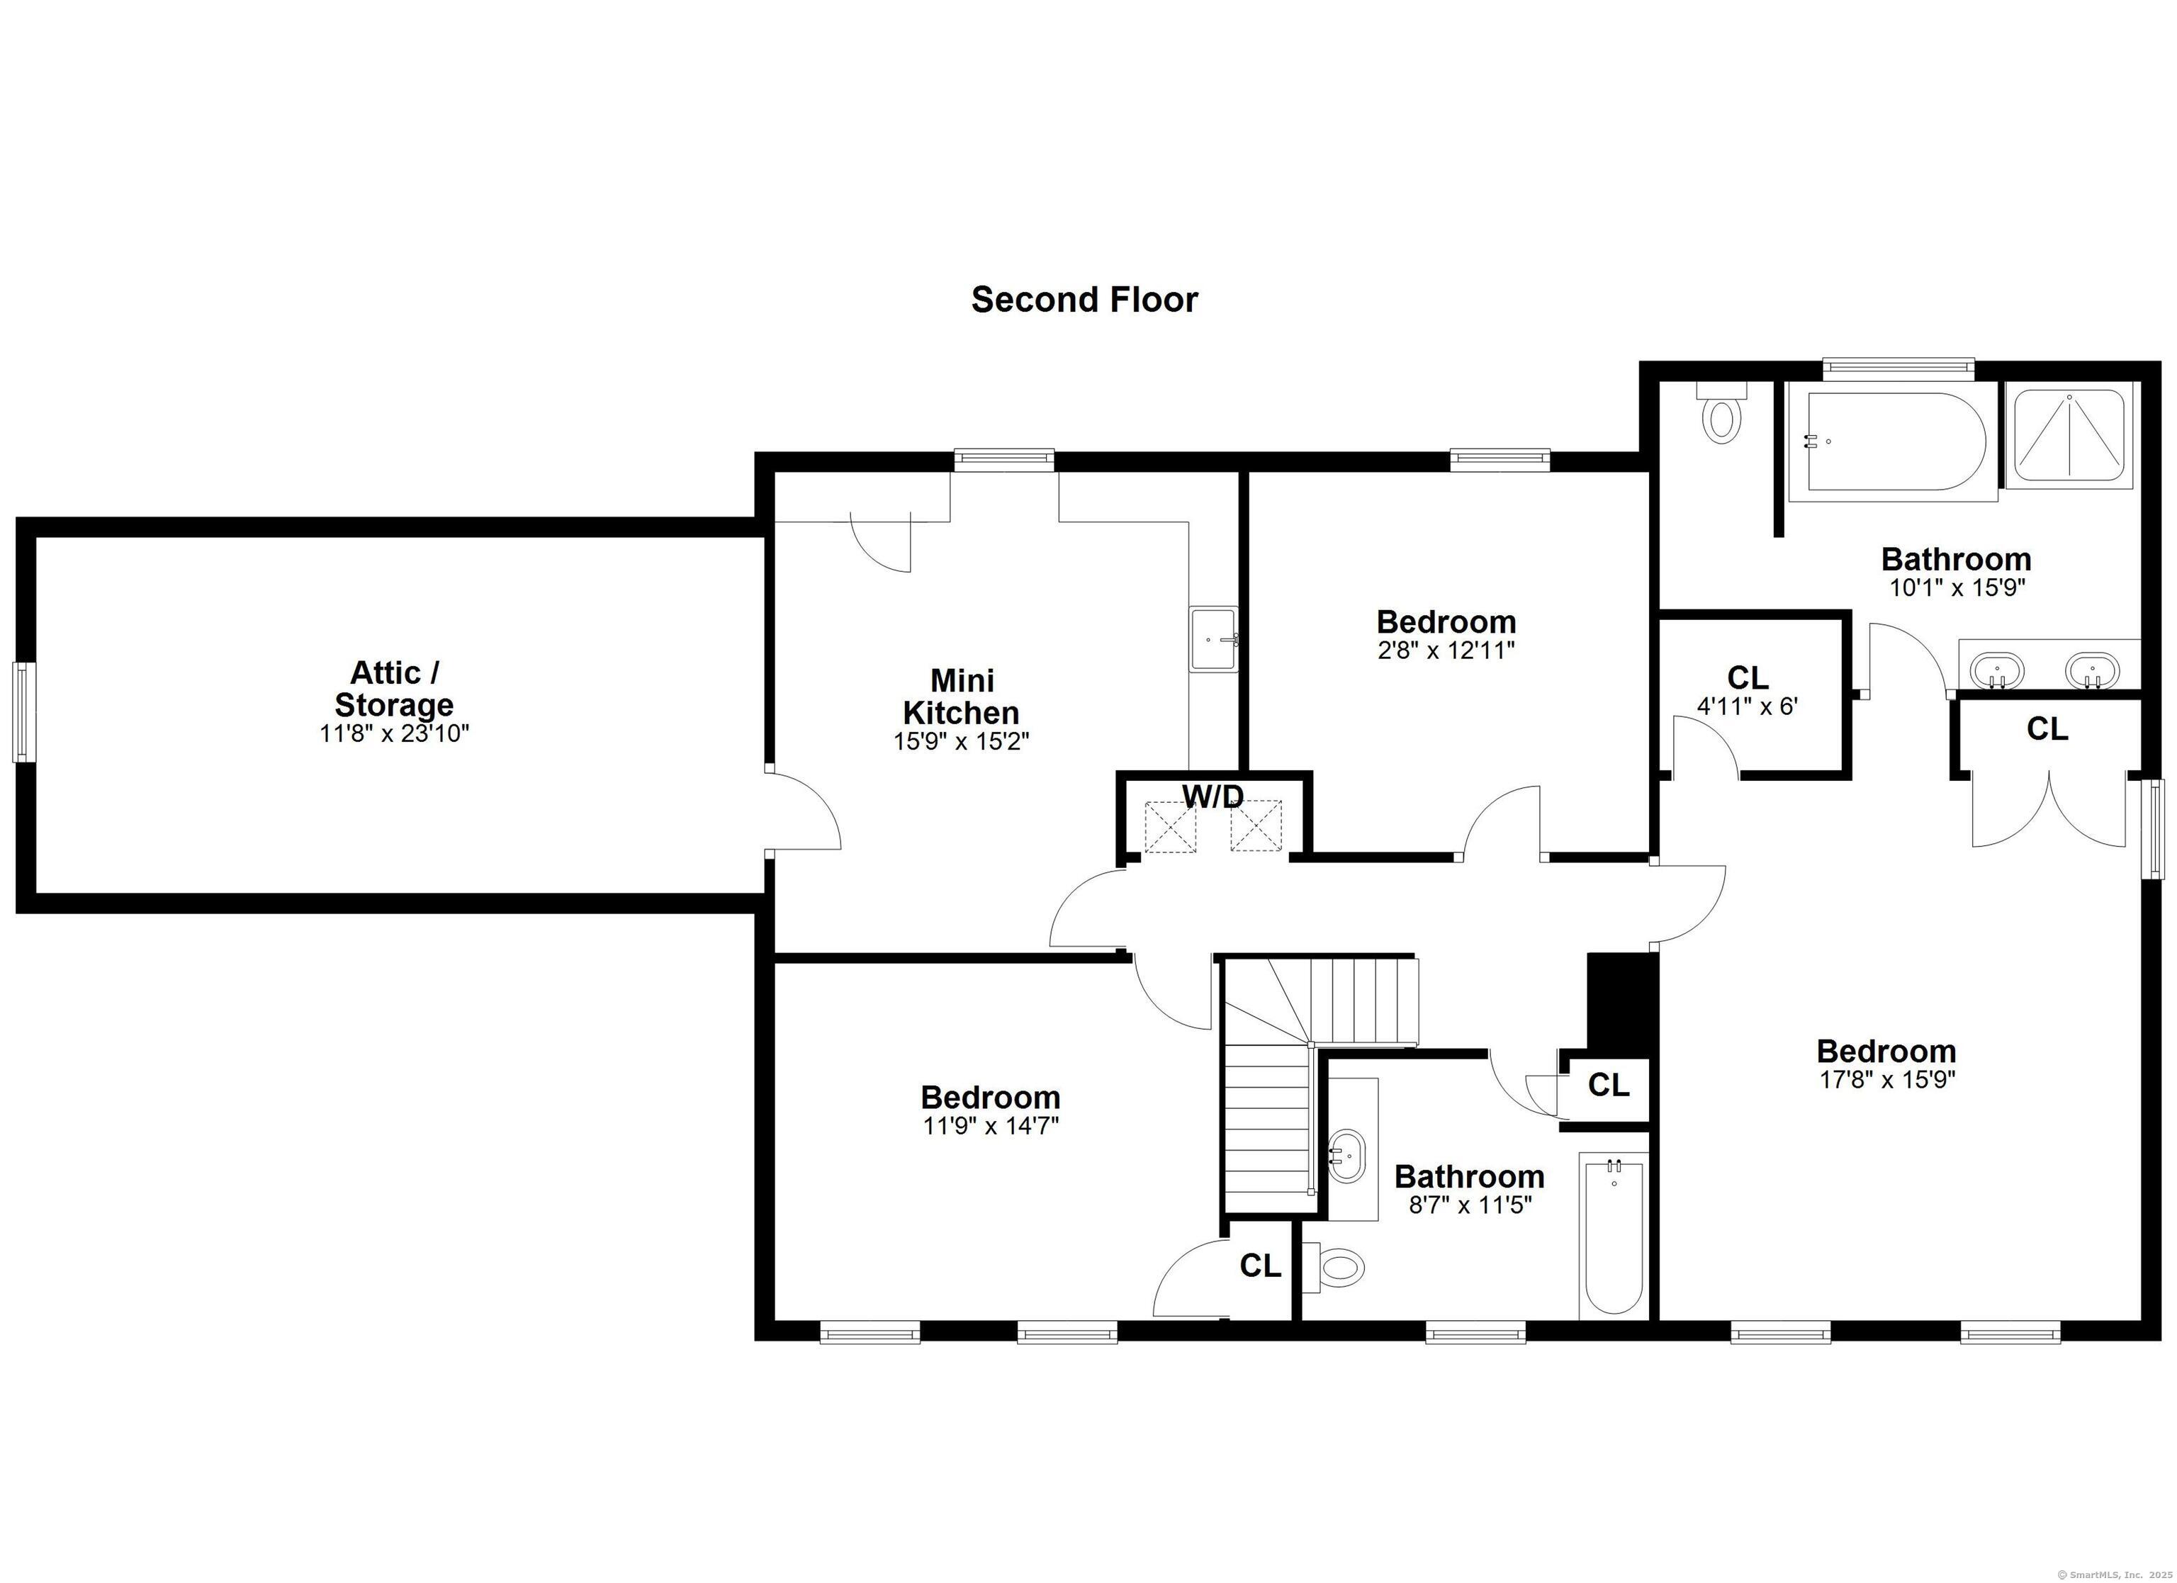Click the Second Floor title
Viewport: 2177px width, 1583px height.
pos(1085,300)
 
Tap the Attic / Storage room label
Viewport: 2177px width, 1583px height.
pos(395,687)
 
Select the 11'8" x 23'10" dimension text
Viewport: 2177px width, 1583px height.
pos(395,734)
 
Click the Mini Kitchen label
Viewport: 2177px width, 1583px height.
pos(962,697)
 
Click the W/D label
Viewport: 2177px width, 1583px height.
pos(1213,796)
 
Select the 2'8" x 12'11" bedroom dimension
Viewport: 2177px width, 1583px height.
pos(1446,650)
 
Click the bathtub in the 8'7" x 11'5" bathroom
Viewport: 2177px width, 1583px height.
pos(1614,1239)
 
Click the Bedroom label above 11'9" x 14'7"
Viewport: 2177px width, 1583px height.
pos(991,1097)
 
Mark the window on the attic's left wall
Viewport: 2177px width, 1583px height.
pos(23,712)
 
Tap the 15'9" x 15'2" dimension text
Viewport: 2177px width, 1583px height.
pos(962,741)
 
